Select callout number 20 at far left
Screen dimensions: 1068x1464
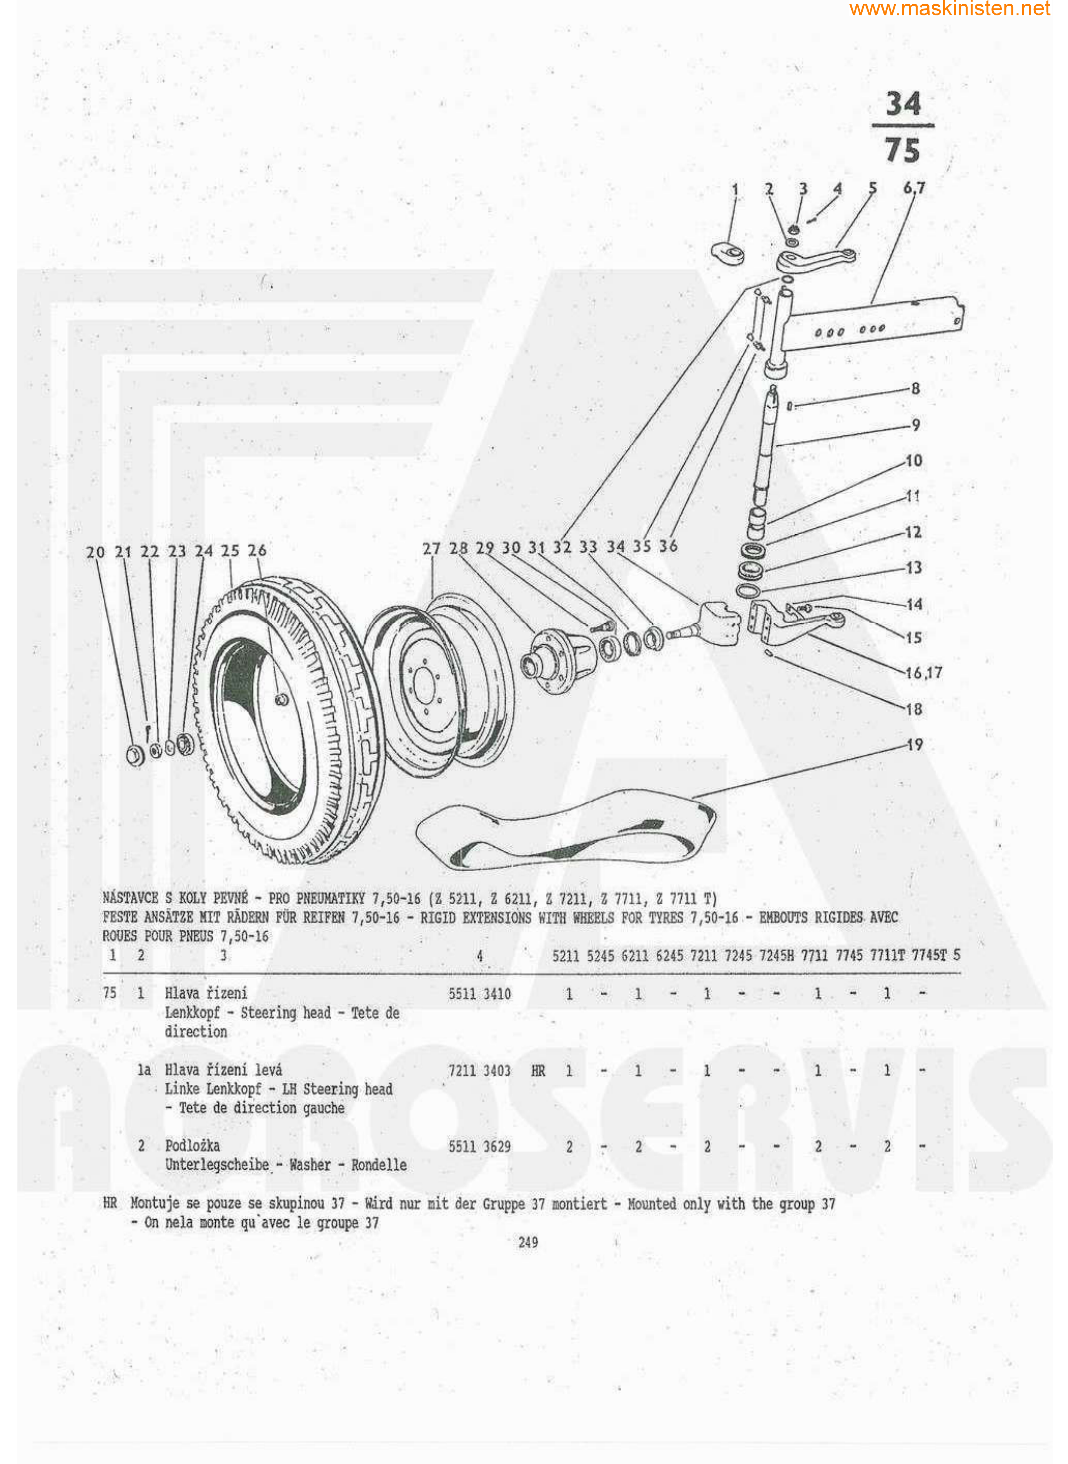click(x=95, y=552)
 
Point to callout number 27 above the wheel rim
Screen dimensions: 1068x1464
click(x=431, y=549)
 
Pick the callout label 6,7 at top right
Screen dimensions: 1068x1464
click(x=914, y=188)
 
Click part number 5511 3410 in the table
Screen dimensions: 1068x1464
click(x=480, y=994)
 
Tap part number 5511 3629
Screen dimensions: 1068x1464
click(x=480, y=1147)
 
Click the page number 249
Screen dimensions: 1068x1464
click(x=528, y=1242)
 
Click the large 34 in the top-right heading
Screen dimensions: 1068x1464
click(x=903, y=103)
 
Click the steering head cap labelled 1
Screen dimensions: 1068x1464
click(x=728, y=252)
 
